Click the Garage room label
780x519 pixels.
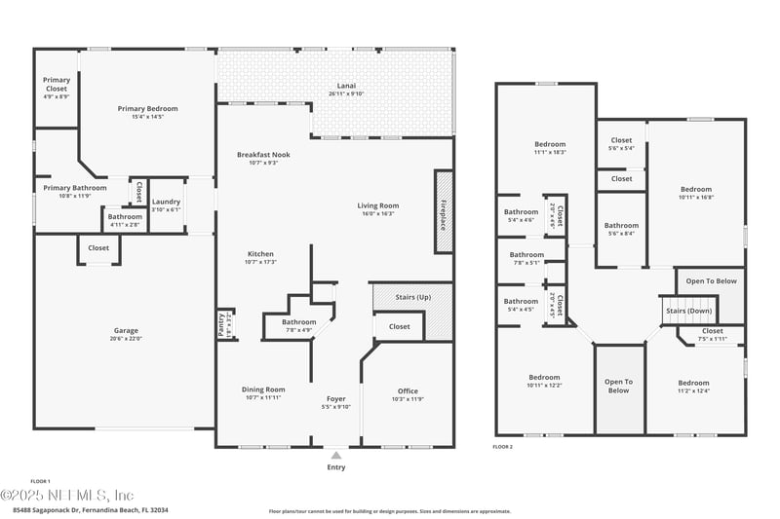pyautogui.click(x=126, y=331)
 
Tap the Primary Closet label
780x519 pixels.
pyautogui.click(x=56, y=84)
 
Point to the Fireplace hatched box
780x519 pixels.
pyautogui.click(x=444, y=211)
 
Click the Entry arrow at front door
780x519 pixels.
pyautogui.click(x=336, y=454)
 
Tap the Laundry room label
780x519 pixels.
pyautogui.click(x=167, y=202)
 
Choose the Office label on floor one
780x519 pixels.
pyautogui.click(x=408, y=390)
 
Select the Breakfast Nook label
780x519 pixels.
pyautogui.click(x=263, y=154)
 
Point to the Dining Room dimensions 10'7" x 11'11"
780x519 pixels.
pyautogui.click(x=263, y=398)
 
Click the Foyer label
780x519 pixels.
pyautogui.click(x=335, y=398)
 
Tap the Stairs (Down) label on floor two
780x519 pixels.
pyautogui.click(x=688, y=311)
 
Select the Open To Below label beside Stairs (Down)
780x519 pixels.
pyautogui.click(x=711, y=281)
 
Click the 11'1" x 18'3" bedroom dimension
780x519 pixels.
pyautogui.click(x=550, y=152)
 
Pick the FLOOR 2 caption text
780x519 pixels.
pyautogui.click(x=503, y=446)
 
